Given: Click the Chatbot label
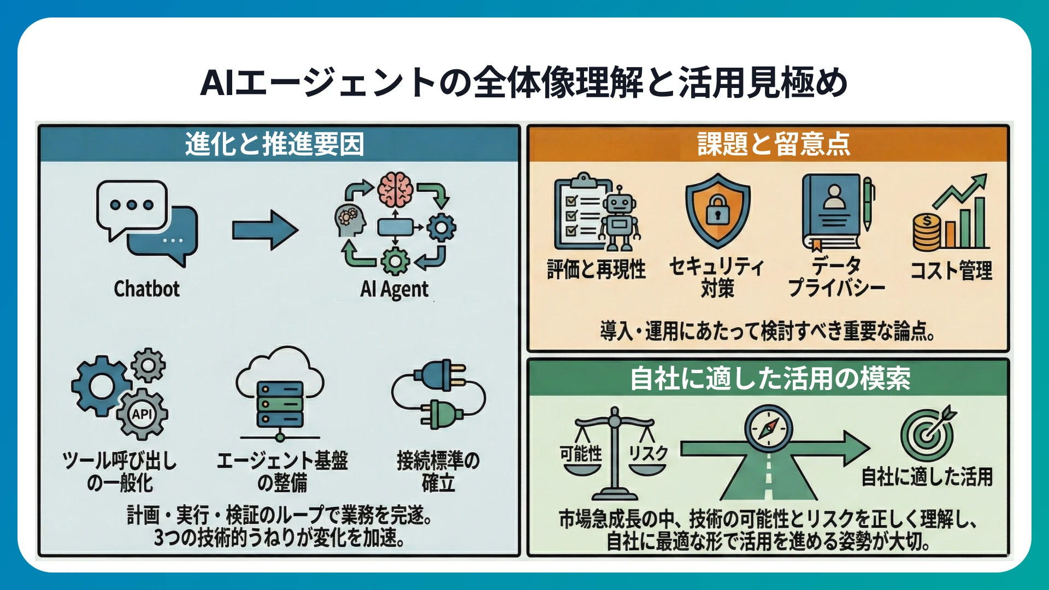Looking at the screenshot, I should [x=146, y=288].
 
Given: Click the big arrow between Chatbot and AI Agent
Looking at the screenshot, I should [x=265, y=231].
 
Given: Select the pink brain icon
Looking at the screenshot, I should [x=396, y=189].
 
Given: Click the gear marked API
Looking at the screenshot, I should [x=142, y=414].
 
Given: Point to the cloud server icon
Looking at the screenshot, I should [x=280, y=393].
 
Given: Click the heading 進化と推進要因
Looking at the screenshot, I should [x=274, y=144].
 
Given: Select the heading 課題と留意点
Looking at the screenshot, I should [x=774, y=144].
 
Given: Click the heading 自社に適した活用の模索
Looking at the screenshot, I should [x=770, y=378].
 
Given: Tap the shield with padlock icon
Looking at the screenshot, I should [x=718, y=211].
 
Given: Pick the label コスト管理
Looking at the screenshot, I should [x=951, y=270].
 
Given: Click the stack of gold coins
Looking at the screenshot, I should [x=927, y=232].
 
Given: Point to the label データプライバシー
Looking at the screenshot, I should [x=836, y=277].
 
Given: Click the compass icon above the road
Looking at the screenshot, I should [x=768, y=427].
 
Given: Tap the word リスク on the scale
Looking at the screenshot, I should [x=648, y=453].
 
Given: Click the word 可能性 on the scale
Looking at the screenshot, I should [x=581, y=453].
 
